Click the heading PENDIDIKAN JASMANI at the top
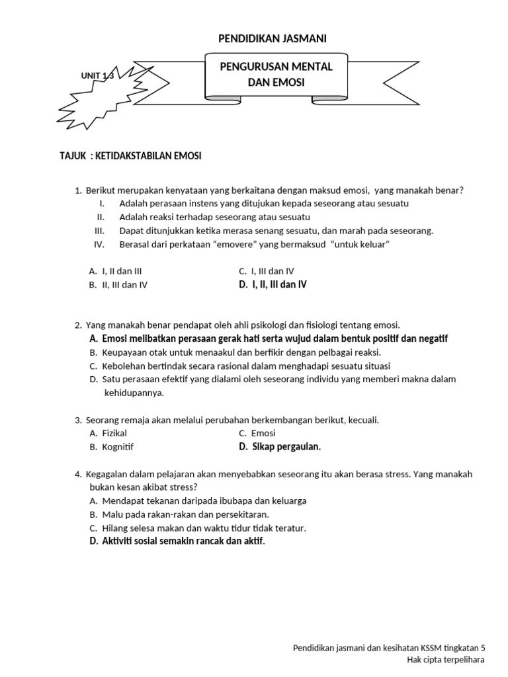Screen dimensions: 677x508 coord(272,40)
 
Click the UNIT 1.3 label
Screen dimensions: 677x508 coord(97,76)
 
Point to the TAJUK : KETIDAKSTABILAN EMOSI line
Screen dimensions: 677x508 coord(130,156)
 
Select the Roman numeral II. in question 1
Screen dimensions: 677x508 coord(101,217)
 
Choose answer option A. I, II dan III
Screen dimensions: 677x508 coord(115,271)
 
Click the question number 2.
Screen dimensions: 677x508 coord(78,325)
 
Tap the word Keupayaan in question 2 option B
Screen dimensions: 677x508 coord(125,352)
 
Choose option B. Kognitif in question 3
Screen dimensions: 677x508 coord(111,447)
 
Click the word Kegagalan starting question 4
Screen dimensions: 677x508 coord(108,475)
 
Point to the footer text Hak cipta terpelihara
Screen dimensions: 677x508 coord(446,660)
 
